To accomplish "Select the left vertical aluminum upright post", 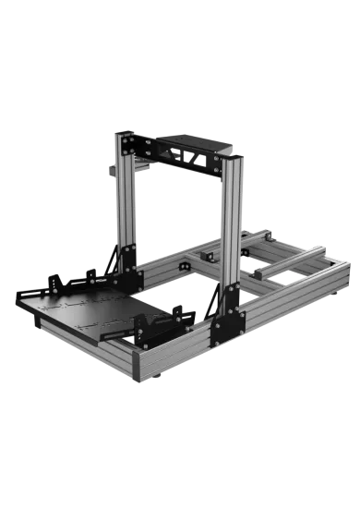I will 121,203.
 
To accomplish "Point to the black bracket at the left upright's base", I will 128,261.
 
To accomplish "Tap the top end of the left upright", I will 119,133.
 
